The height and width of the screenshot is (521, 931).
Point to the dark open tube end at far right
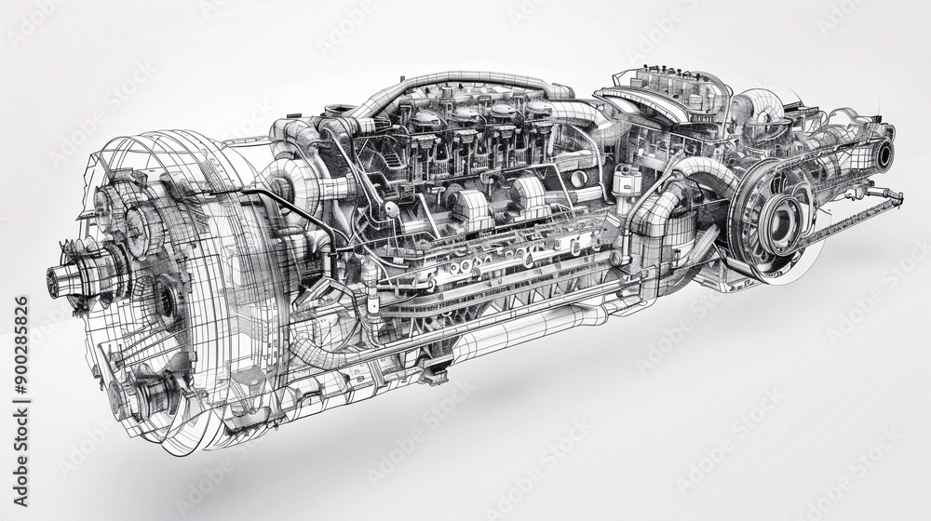[882, 154]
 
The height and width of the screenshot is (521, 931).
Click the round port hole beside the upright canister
[579, 178]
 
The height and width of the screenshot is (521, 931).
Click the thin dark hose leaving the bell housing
[279, 200]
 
